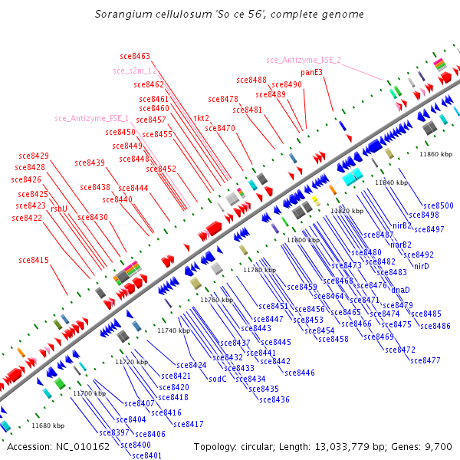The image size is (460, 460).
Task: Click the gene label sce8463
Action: (x=135, y=56)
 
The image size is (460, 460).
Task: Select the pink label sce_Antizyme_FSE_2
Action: (x=304, y=60)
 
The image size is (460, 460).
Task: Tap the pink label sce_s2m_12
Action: (x=135, y=71)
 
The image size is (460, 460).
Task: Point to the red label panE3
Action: (x=311, y=72)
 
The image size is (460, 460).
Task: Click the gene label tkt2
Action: (x=201, y=119)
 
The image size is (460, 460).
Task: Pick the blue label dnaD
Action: (x=400, y=290)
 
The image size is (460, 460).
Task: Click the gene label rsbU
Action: (x=59, y=208)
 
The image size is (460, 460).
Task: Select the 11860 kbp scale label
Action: (x=435, y=154)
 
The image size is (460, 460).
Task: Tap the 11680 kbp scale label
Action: (x=48, y=425)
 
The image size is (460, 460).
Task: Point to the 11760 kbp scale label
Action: (x=216, y=300)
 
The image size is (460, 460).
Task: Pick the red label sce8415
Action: (x=34, y=261)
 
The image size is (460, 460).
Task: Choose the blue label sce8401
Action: (x=147, y=455)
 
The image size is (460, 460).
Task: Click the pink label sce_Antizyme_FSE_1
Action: (x=91, y=119)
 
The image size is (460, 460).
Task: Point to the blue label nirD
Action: (x=421, y=266)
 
